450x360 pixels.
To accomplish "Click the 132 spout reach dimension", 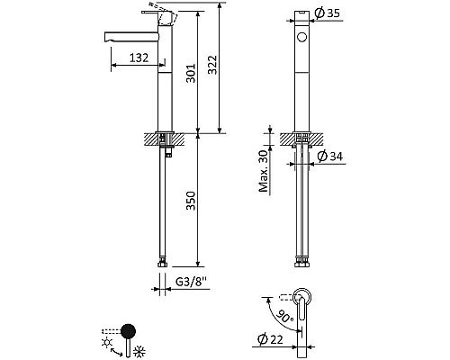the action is point(139,58).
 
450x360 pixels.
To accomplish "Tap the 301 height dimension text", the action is point(191,73).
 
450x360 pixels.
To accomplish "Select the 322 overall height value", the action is point(212,65).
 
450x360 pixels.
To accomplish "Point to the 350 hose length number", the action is point(191,201).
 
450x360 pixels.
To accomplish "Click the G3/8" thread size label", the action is point(191,282).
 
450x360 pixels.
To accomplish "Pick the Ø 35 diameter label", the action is point(328,13).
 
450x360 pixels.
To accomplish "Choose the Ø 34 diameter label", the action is point(330,156).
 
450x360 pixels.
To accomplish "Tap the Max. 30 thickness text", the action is point(264,171).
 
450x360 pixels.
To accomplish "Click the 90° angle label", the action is point(283,315).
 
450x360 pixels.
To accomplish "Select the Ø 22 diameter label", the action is point(270,339).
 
